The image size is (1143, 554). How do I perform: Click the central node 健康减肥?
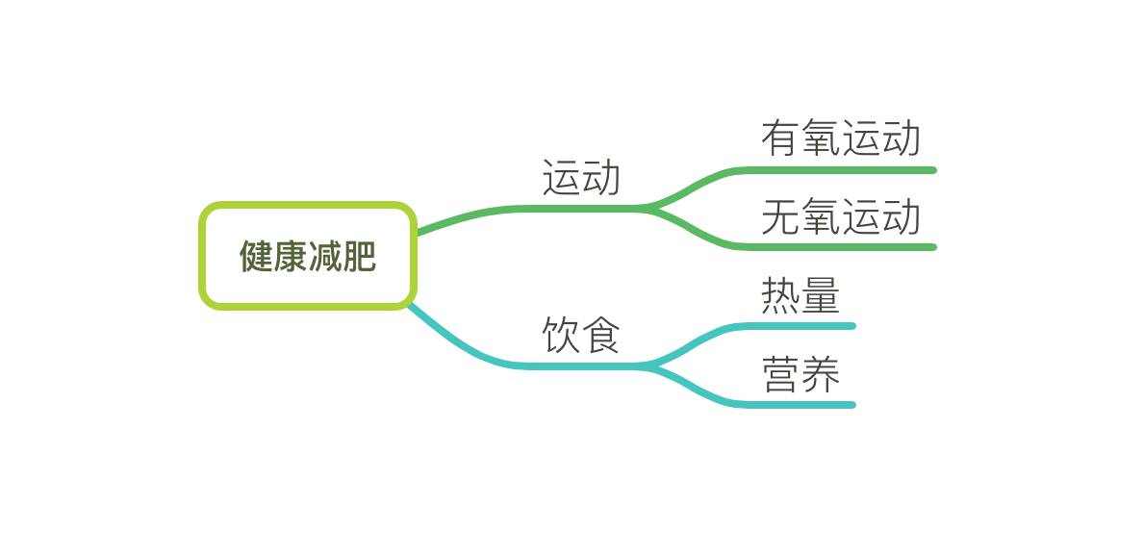click(x=308, y=256)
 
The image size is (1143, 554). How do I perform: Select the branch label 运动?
click(x=581, y=178)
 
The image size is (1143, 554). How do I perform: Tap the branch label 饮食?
click(x=581, y=335)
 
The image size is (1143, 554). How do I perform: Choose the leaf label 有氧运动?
click(x=841, y=138)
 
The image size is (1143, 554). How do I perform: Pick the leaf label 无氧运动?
click(x=841, y=216)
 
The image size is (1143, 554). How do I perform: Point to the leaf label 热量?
click(x=800, y=295)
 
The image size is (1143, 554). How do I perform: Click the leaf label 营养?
click(x=800, y=374)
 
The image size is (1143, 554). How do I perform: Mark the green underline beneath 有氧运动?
click(x=847, y=170)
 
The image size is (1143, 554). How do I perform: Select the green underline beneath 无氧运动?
click(x=847, y=247)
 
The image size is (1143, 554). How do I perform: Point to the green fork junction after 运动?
click(x=652, y=208)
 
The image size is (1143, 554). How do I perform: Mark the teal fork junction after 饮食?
click(x=652, y=365)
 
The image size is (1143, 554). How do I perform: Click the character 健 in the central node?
click(x=256, y=256)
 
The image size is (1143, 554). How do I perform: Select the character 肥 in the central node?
click(x=360, y=256)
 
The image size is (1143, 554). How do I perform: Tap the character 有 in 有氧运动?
click(x=780, y=138)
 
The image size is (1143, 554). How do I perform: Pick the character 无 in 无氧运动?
click(x=780, y=216)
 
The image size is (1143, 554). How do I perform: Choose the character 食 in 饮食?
click(x=601, y=335)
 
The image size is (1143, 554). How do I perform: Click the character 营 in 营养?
click(x=780, y=374)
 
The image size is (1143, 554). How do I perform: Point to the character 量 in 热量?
click(x=821, y=295)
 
